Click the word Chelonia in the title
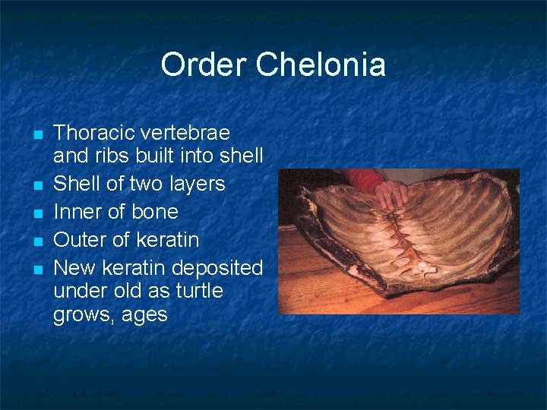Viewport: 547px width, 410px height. pyautogui.click(x=321, y=65)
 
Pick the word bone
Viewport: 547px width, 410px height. pyautogui.click(x=153, y=212)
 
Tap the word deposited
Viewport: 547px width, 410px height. pyautogui.click(x=218, y=268)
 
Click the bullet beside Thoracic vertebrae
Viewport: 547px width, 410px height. pyautogui.click(x=36, y=134)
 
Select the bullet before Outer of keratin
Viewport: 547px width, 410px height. pyautogui.click(x=36, y=241)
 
